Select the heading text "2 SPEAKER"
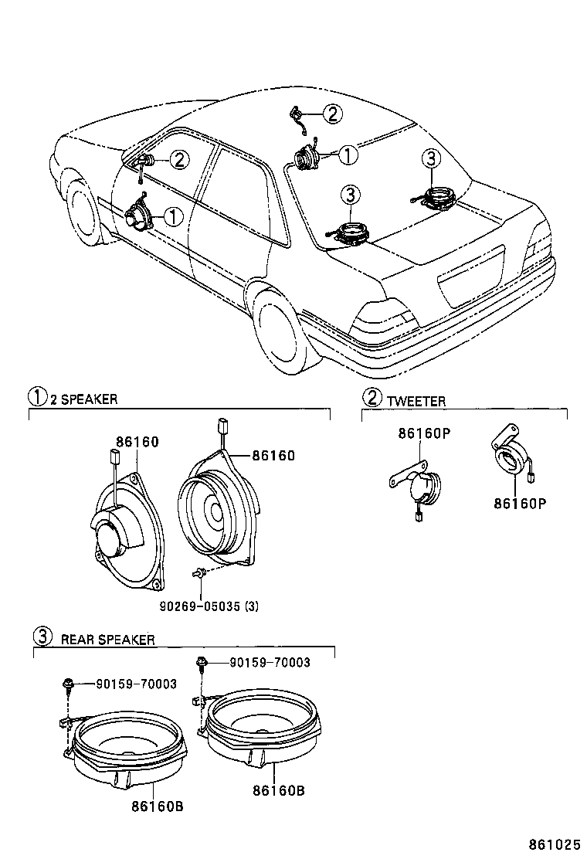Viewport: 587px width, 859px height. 83,399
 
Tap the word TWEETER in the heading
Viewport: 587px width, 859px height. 416,401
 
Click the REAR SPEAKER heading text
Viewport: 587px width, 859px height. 108,640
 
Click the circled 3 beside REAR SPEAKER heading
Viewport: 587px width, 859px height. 42,637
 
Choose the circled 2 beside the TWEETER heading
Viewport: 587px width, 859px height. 372,399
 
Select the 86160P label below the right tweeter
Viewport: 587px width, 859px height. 520,504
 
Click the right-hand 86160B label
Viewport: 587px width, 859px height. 279,790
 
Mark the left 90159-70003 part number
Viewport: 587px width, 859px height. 136,684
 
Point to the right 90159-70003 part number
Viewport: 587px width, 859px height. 270,662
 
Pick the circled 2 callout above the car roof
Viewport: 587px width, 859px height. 331,115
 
